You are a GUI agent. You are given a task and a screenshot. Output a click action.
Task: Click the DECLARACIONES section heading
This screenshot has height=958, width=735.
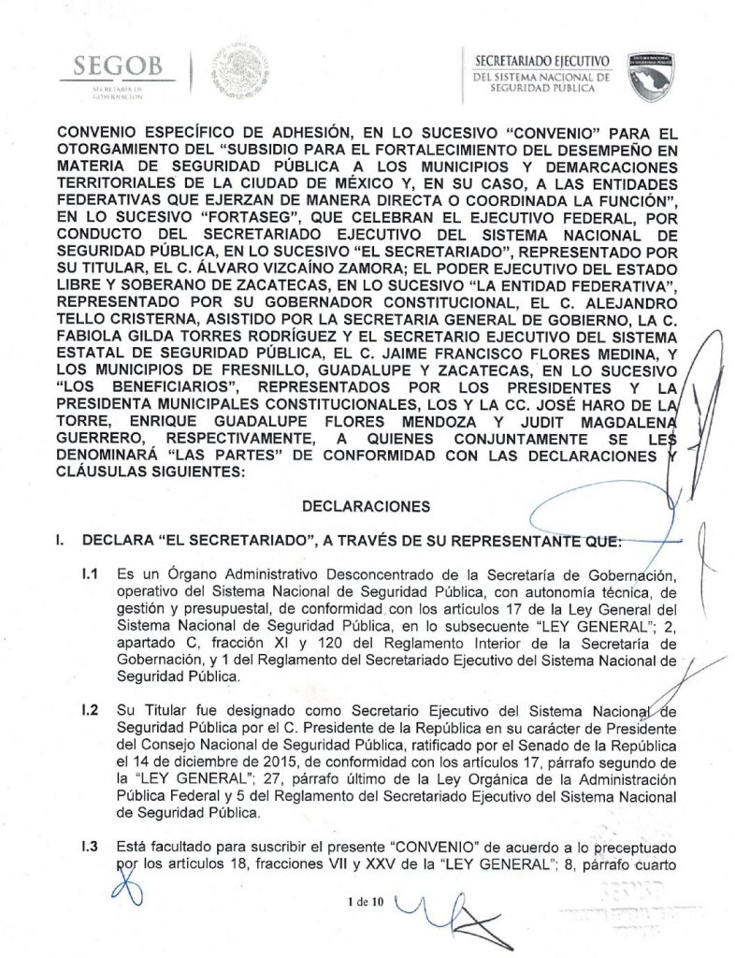tap(367, 505)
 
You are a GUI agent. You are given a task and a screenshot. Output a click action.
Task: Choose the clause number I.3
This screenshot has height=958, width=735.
tap(90, 847)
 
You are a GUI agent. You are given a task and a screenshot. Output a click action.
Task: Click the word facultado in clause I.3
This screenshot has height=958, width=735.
tap(175, 847)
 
